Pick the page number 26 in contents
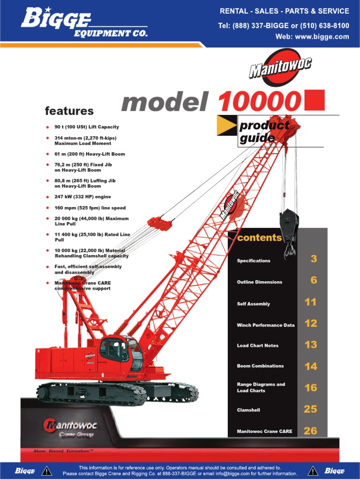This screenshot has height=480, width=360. click(x=310, y=431)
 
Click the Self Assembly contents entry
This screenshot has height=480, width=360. click(x=254, y=304)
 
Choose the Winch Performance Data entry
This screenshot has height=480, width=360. click(x=266, y=325)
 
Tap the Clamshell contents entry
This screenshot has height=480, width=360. click(x=248, y=410)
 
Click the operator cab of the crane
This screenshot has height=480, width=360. click(x=121, y=352)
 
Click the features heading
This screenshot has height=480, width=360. click(x=69, y=111)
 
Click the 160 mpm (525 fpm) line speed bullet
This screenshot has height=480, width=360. click(x=90, y=208)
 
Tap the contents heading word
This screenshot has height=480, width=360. click(x=259, y=238)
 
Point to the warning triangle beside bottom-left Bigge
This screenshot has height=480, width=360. click(x=46, y=471)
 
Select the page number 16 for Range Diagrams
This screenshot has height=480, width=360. click(x=310, y=388)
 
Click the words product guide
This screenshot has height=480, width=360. click(x=264, y=132)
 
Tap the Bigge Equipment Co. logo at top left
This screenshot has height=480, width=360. click(x=84, y=23)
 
